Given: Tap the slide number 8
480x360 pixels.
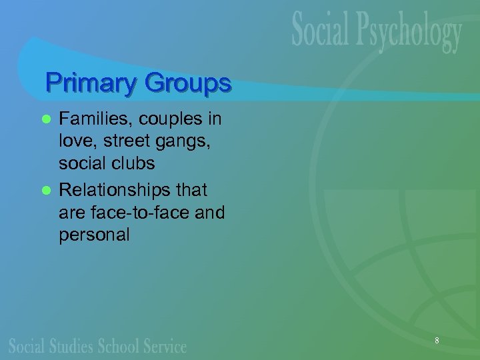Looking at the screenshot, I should click(x=437, y=341).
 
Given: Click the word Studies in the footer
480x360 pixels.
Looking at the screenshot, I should click(x=75, y=346).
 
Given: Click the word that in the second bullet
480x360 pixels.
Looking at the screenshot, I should click(x=193, y=190).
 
